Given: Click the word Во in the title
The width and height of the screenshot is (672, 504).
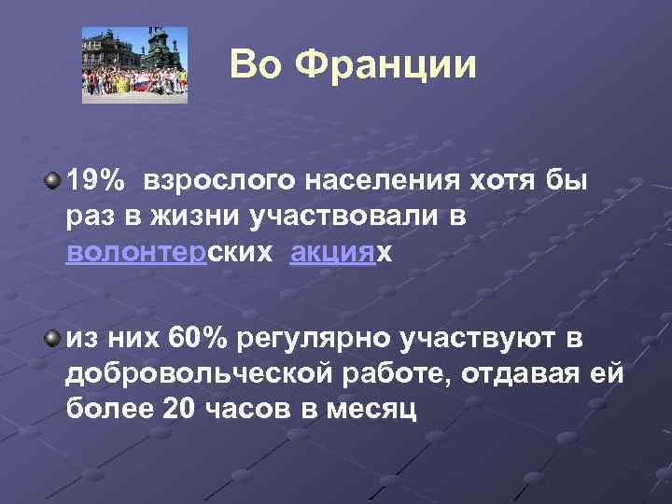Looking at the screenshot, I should pos(254,64).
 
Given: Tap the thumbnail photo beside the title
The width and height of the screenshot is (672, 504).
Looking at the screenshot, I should pos(135,64).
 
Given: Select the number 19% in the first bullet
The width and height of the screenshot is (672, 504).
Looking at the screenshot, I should pos(98,179).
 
